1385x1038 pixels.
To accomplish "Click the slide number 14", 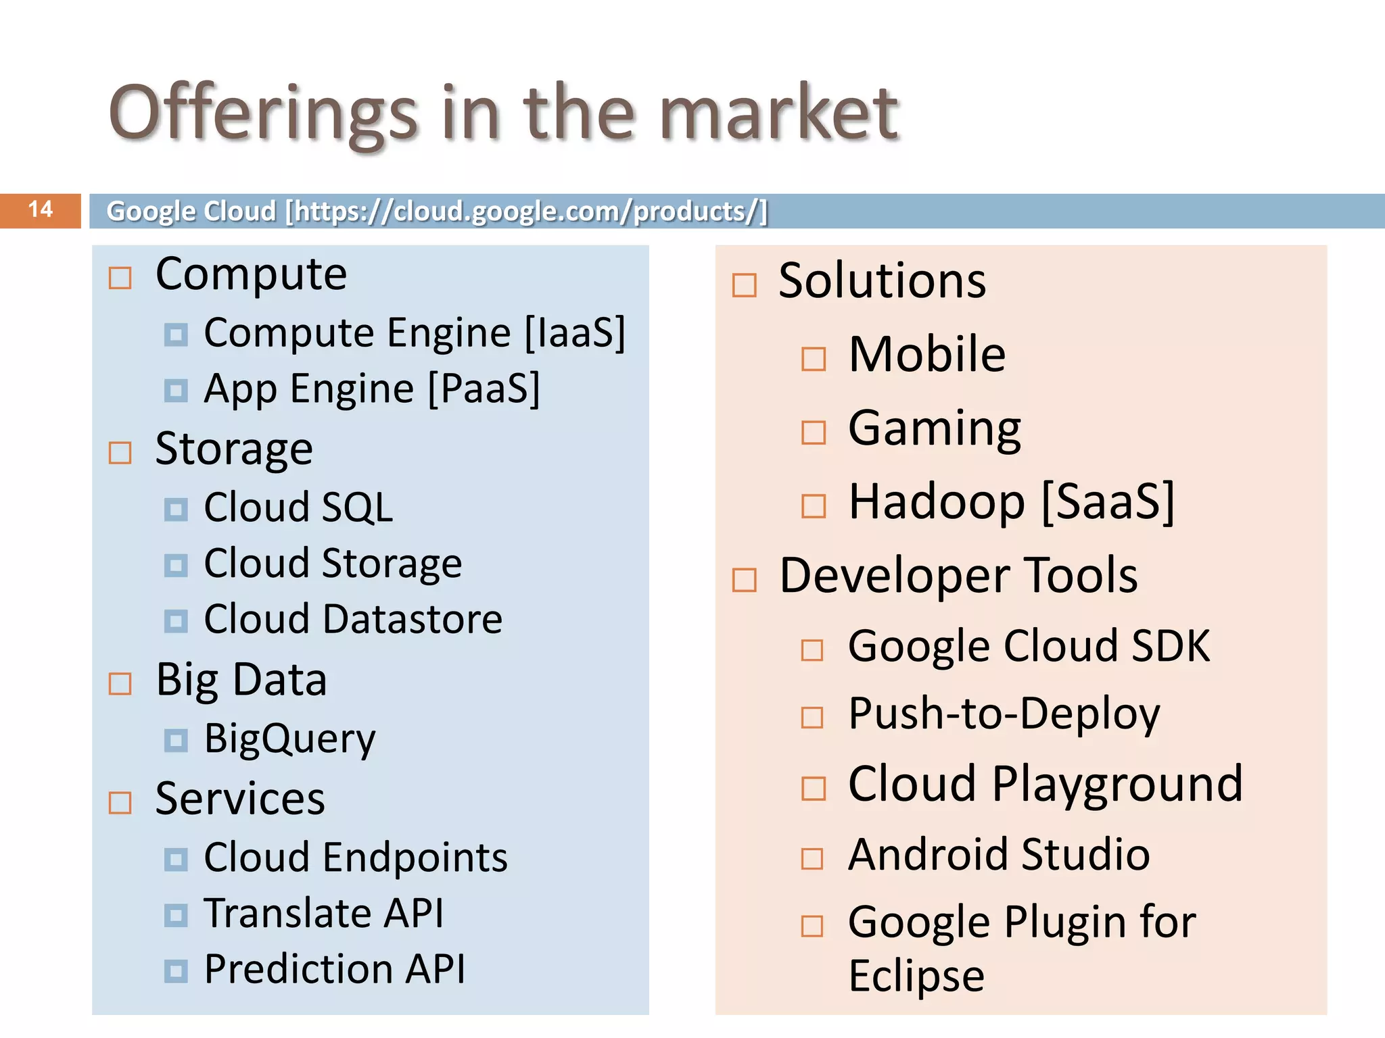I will pyautogui.click(x=41, y=209).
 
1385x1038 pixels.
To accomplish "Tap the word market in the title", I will pyautogui.click(x=778, y=114).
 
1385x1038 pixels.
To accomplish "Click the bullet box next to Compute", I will pyautogui.click(x=120, y=278).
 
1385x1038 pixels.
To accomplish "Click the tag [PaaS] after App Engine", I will pyautogui.click(x=484, y=389).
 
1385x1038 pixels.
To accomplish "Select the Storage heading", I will pyautogui.click(x=234, y=449).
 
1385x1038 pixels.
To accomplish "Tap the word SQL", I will pyautogui.click(x=356, y=508).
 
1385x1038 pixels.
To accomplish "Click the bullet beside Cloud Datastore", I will pyautogui.click(x=176, y=621).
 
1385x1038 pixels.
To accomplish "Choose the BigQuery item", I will pyautogui.click(x=289, y=739).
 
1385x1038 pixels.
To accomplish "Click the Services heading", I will pyautogui.click(x=240, y=799).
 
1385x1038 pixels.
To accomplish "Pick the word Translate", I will pyautogui.click(x=287, y=914).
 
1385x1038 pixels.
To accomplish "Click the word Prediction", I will pyautogui.click(x=298, y=970).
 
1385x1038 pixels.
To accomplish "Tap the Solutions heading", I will pyautogui.click(x=882, y=280).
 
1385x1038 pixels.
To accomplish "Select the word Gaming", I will pyautogui.click(x=934, y=429).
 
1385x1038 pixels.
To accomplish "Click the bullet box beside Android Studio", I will pyautogui.click(x=812, y=859).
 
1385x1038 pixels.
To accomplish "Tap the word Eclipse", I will pyautogui.click(x=916, y=977).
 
